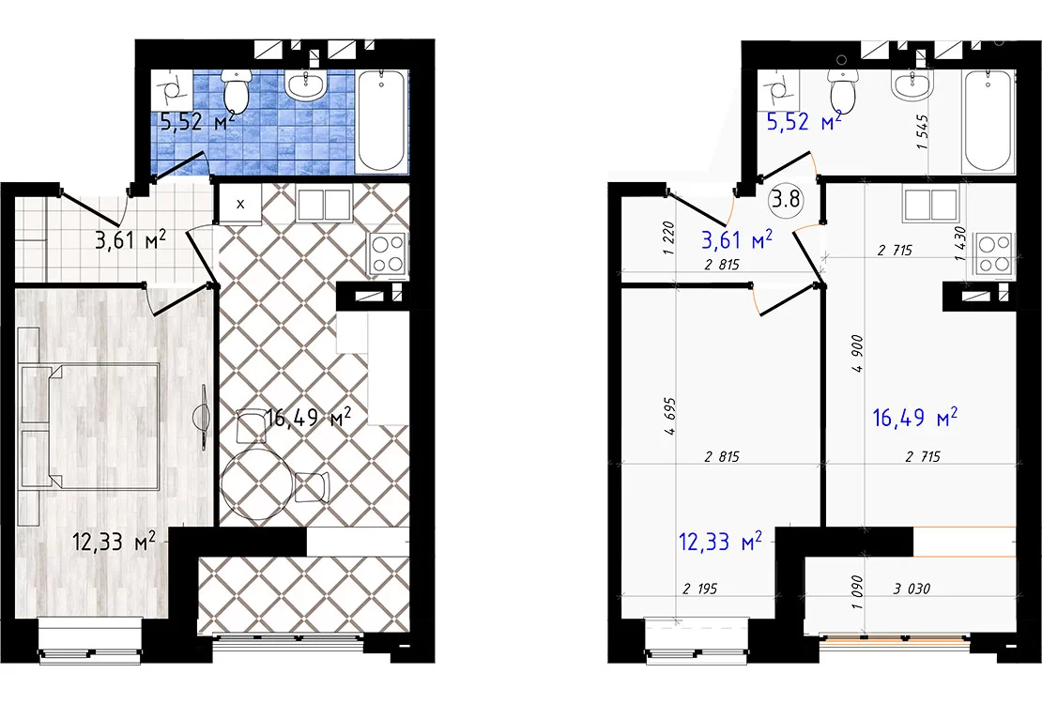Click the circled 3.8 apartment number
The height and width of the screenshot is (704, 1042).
[786, 199]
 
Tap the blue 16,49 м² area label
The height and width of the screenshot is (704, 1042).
[914, 418]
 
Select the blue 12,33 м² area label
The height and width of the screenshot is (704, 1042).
[720, 541]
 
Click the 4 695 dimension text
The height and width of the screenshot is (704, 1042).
[669, 416]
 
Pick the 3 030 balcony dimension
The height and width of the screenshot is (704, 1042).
[912, 589]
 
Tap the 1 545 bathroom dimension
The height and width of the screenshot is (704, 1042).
[922, 131]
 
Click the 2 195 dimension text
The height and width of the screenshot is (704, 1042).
[699, 589]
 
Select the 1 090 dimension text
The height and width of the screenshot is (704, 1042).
[857, 592]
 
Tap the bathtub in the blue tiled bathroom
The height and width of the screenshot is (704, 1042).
[381, 120]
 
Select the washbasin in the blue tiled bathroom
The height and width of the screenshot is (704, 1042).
[306, 85]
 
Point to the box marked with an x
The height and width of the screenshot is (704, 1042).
[240, 204]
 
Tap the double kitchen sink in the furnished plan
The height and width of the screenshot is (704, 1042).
[324, 205]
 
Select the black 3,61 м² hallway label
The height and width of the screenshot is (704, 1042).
[130, 240]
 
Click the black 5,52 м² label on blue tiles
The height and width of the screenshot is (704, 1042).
[197, 122]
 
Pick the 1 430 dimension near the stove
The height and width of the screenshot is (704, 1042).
[959, 243]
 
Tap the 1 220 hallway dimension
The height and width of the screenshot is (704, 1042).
[668, 238]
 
